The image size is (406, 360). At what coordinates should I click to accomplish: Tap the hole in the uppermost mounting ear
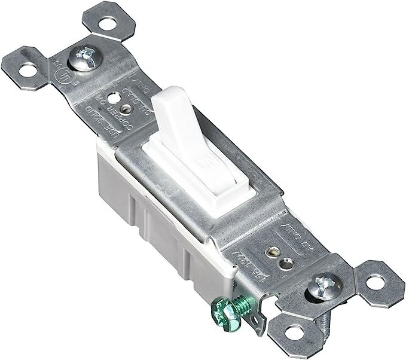click(105, 25)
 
